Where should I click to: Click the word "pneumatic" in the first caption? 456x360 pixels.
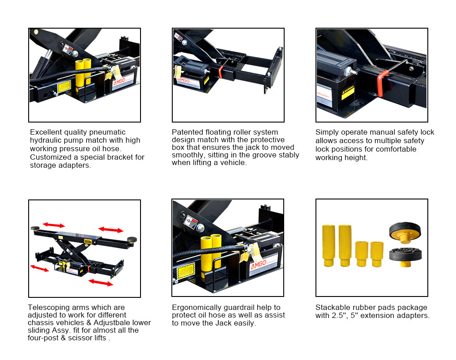(107, 132)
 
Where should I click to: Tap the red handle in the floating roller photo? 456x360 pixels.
(221, 72)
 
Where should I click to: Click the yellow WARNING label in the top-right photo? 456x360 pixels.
(348, 92)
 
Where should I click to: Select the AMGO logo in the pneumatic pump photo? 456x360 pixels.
(119, 81)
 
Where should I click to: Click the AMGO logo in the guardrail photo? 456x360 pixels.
(259, 264)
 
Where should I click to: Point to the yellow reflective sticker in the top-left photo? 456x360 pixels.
(64, 87)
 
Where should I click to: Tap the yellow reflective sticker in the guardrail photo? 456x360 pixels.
(186, 271)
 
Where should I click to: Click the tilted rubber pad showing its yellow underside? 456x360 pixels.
(405, 232)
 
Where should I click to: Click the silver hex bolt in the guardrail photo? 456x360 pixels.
(200, 228)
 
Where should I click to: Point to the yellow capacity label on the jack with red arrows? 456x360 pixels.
(88, 241)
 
